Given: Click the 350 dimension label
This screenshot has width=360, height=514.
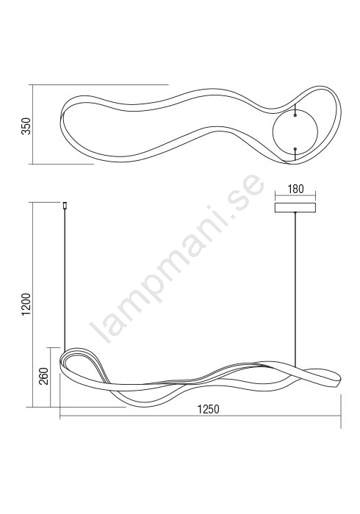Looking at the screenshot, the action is (26, 126).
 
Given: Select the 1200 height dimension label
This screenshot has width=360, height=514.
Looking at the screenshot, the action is (26, 304).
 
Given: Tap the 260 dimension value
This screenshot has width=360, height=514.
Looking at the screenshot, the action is (43, 376).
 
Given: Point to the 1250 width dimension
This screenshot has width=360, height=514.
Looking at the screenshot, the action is (208, 410).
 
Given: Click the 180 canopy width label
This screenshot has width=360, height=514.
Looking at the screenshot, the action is (296, 189).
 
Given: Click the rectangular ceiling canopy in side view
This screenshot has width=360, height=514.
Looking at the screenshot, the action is (295, 208).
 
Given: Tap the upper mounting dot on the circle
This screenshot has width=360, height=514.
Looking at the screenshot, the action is (295, 115).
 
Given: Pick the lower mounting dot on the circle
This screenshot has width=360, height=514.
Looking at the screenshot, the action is (295, 149).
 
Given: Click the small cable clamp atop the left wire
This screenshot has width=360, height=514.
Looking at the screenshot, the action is (65, 206).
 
